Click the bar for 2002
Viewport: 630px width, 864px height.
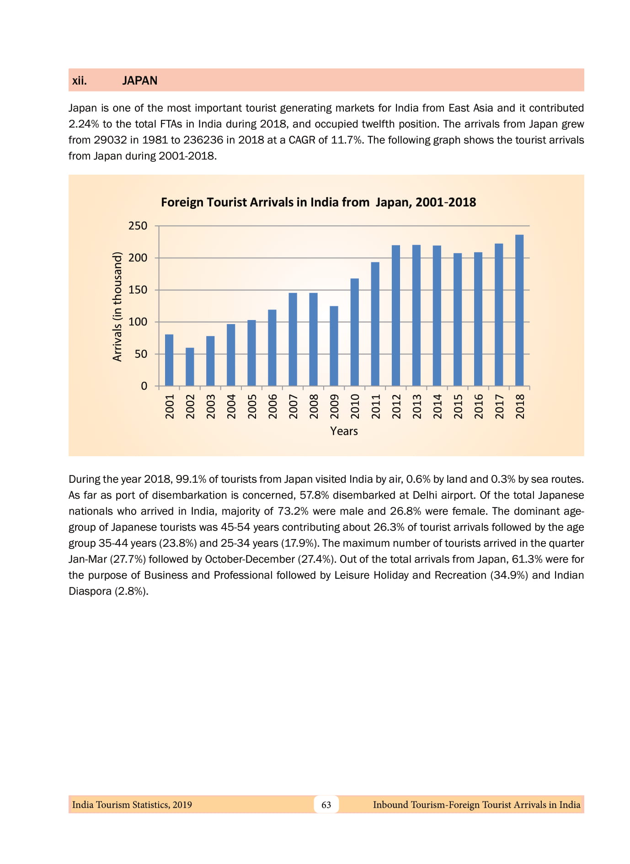tap(190, 367)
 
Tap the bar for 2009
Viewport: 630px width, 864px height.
tap(334, 346)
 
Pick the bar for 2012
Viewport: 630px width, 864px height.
tap(396, 315)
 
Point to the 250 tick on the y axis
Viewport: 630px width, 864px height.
tap(138, 226)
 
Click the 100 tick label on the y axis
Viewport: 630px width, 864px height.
tap(138, 322)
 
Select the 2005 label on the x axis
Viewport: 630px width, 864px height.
tap(252, 406)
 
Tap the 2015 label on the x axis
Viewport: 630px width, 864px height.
tap(458, 406)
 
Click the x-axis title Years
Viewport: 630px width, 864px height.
tap(344, 431)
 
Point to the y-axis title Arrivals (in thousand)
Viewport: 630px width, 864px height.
tap(117, 306)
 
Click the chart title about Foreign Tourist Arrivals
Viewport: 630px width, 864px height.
tap(318, 202)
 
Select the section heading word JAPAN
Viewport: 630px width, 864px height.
tap(139, 80)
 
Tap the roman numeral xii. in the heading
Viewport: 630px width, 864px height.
tap(79, 80)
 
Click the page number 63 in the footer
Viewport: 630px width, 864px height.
tap(326, 805)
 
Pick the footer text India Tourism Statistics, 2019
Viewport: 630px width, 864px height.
tap(132, 805)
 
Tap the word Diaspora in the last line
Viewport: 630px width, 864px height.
tap(89, 591)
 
